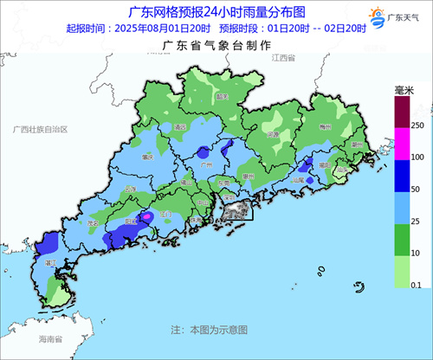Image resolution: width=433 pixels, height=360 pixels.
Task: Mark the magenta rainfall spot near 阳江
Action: click(147, 216)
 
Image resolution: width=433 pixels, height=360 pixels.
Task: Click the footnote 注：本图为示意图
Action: click(209, 330)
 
